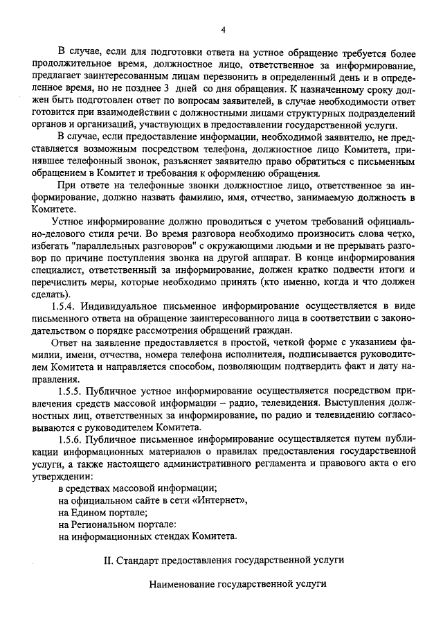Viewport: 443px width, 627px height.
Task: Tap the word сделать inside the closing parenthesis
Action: pyautogui.click(x=57, y=292)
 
